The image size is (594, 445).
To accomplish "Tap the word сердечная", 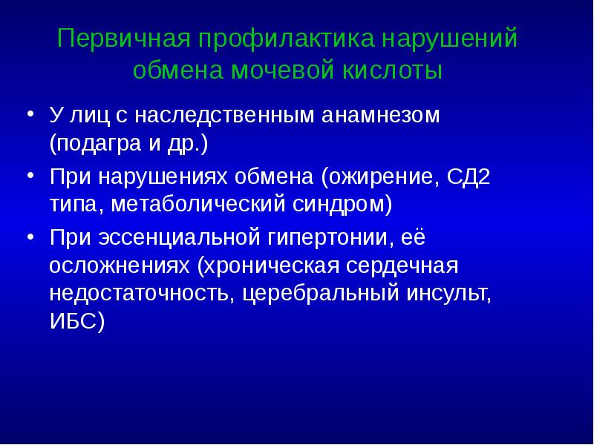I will pyautogui.click(x=407, y=266).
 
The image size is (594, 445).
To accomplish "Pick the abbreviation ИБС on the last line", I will pyautogui.click(x=74, y=317).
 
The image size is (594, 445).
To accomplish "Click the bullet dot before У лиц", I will pyautogui.click(x=31, y=116).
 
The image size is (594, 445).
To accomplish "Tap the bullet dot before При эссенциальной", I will pyautogui.click(x=31, y=239).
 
